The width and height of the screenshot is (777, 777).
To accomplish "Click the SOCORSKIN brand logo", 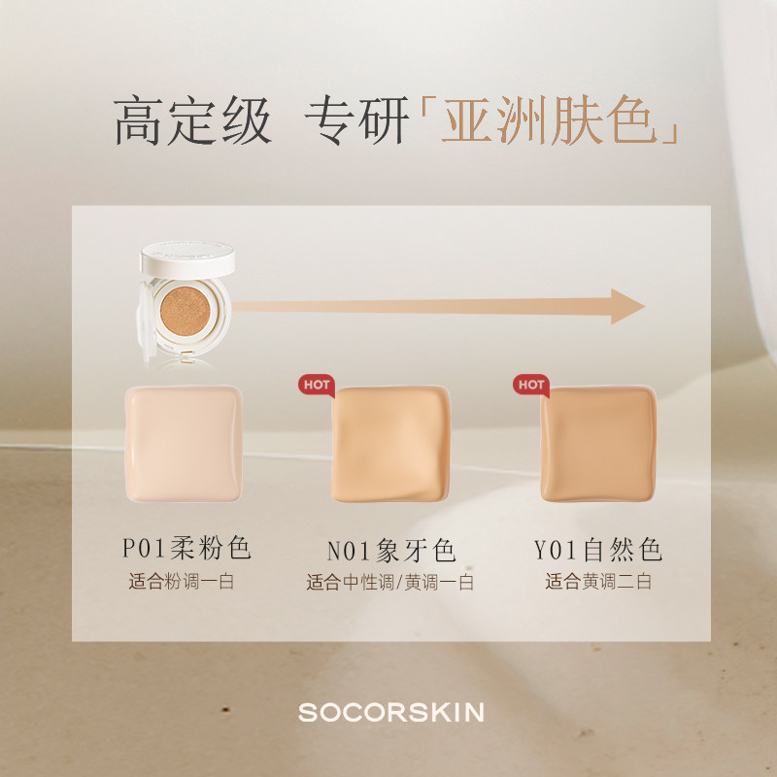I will tap(390, 713).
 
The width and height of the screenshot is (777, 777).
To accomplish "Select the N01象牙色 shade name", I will tap(391, 551).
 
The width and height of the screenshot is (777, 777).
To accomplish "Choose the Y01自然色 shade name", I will tap(598, 551).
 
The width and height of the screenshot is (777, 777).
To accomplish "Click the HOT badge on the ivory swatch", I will tap(317, 385).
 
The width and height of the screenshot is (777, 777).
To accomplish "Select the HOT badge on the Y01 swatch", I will tap(531, 385).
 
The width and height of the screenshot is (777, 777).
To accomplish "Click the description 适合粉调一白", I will tap(182, 584).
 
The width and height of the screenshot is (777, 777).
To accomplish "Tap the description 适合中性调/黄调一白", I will tap(391, 584).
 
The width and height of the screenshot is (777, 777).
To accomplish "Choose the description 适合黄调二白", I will tap(598, 584).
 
